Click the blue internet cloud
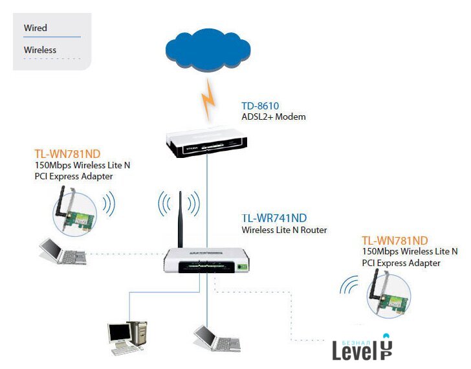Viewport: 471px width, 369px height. click(206, 51)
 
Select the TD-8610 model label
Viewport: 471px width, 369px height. click(260, 106)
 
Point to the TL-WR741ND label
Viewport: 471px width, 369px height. click(274, 218)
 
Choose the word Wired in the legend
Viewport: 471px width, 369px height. click(36, 28)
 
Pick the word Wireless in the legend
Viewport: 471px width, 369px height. click(40, 50)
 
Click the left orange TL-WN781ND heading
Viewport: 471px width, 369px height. click(67, 154)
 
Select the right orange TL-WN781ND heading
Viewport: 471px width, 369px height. click(395, 240)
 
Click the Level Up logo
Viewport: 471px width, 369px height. click(362, 349)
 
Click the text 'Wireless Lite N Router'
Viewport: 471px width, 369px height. click(284, 230)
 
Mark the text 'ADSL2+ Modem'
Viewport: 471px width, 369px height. click(273, 117)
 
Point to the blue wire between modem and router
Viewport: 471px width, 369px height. click(208, 201)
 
